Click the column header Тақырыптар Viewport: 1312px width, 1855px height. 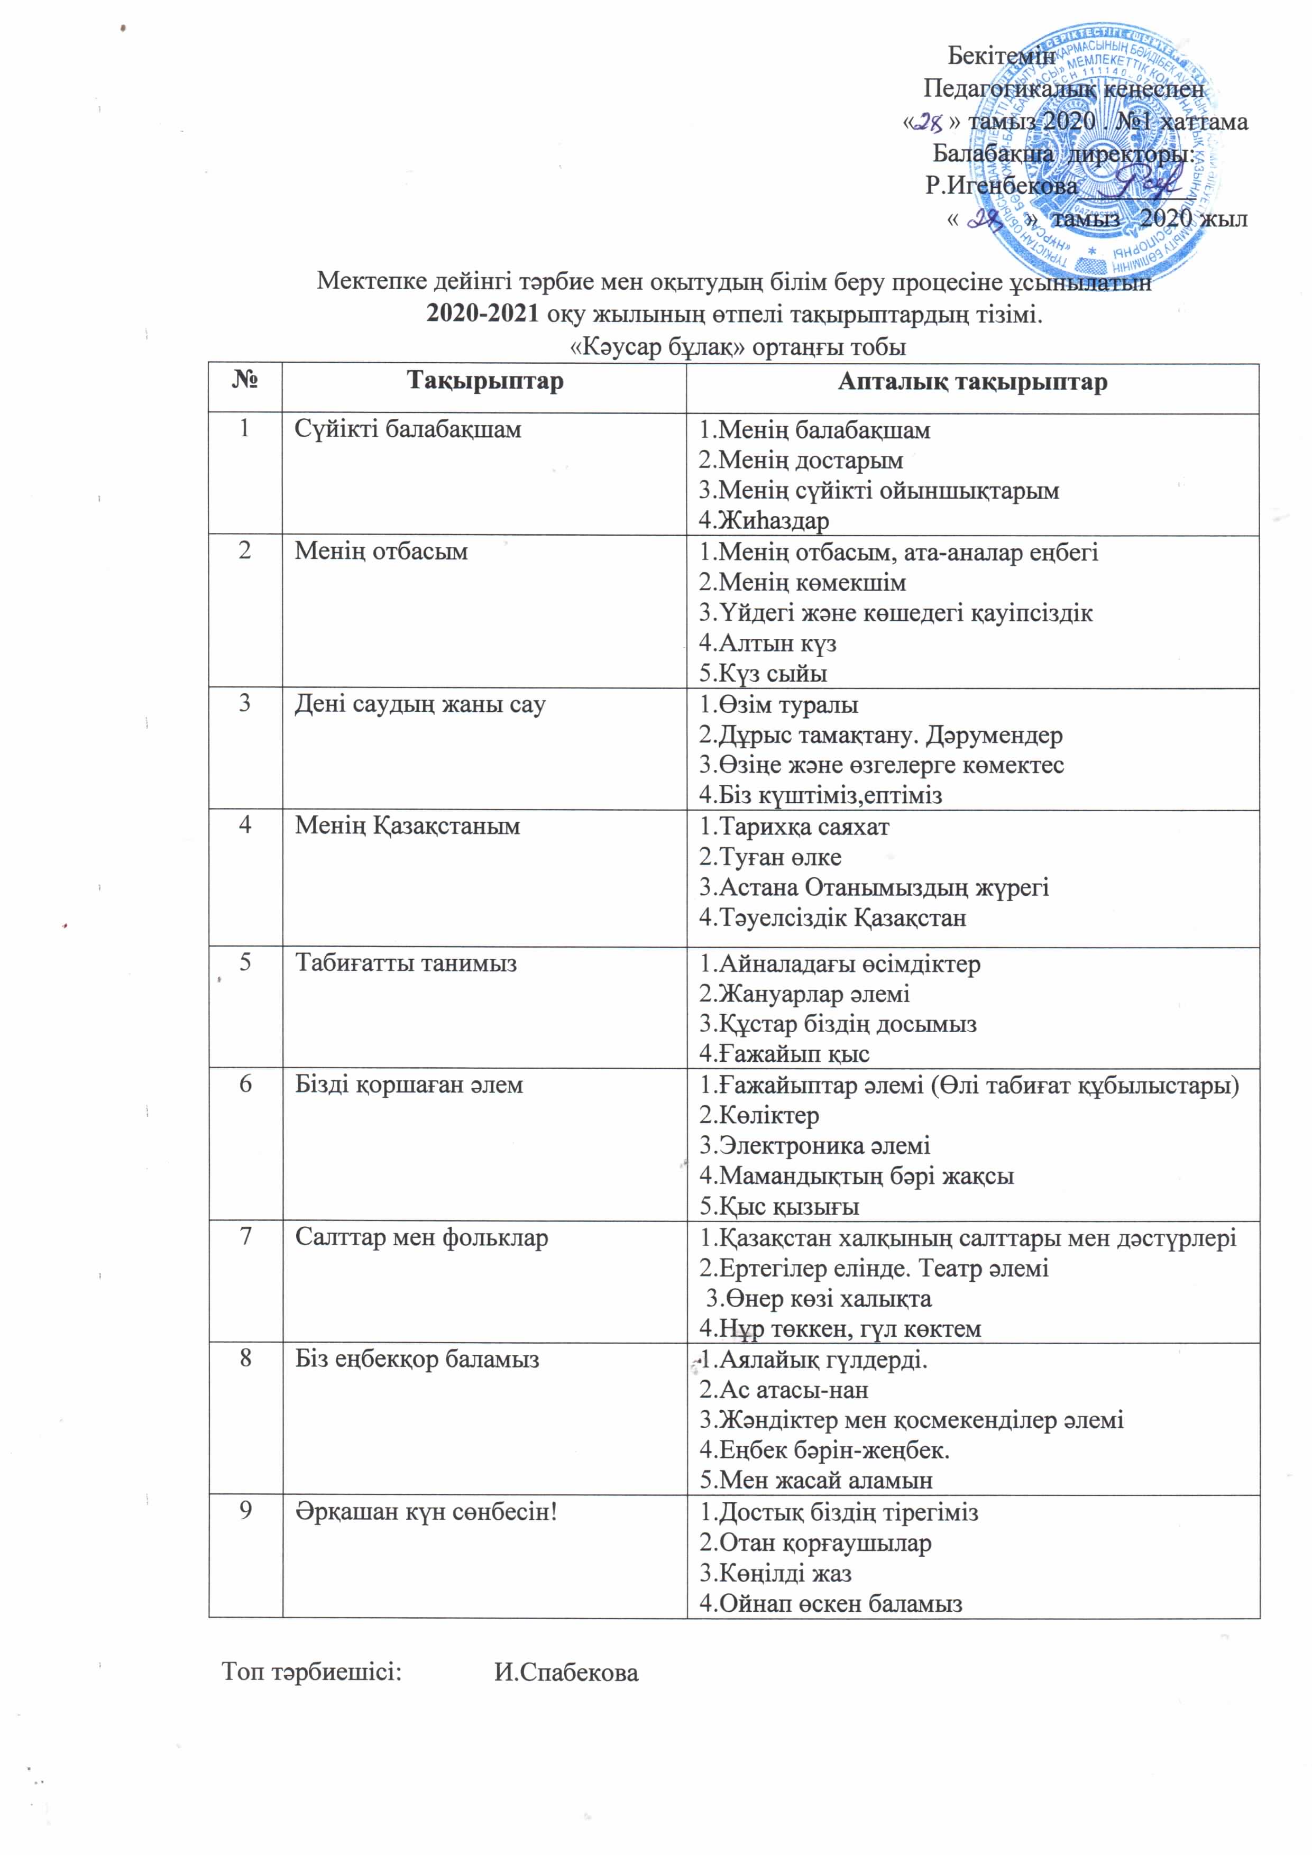(x=485, y=381)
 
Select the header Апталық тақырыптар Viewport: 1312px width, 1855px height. (x=972, y=381)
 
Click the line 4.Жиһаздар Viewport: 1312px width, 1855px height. (x=764, y=520)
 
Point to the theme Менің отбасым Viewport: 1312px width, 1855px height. (x=381, y=551)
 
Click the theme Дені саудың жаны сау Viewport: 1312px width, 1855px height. (x=419, y=704)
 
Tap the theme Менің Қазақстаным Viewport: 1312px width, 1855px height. (x=407, y=825)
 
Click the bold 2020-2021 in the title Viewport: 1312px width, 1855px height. (x=482, y=314)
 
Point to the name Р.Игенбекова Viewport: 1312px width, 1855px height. (x=1001, y=186)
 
